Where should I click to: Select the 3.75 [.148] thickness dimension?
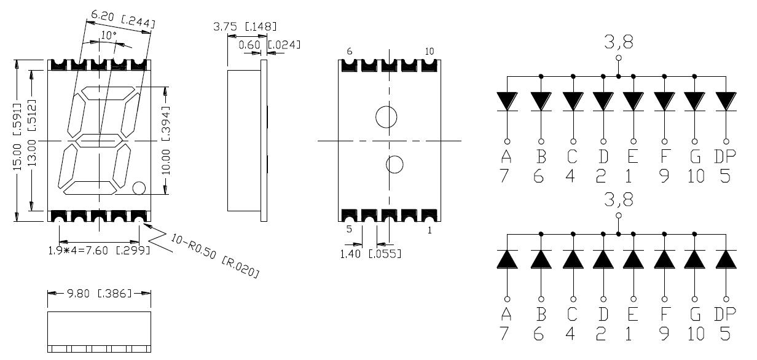tap(245, 26)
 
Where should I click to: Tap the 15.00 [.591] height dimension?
tap(20, 140)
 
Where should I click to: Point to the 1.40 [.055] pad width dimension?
tap(371, 254)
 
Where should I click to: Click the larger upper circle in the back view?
tap(386, 116)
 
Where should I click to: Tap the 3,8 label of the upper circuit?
tap(618, 42)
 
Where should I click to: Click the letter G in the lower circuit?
tap(695, 315)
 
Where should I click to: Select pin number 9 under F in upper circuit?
tap(664, 177)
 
